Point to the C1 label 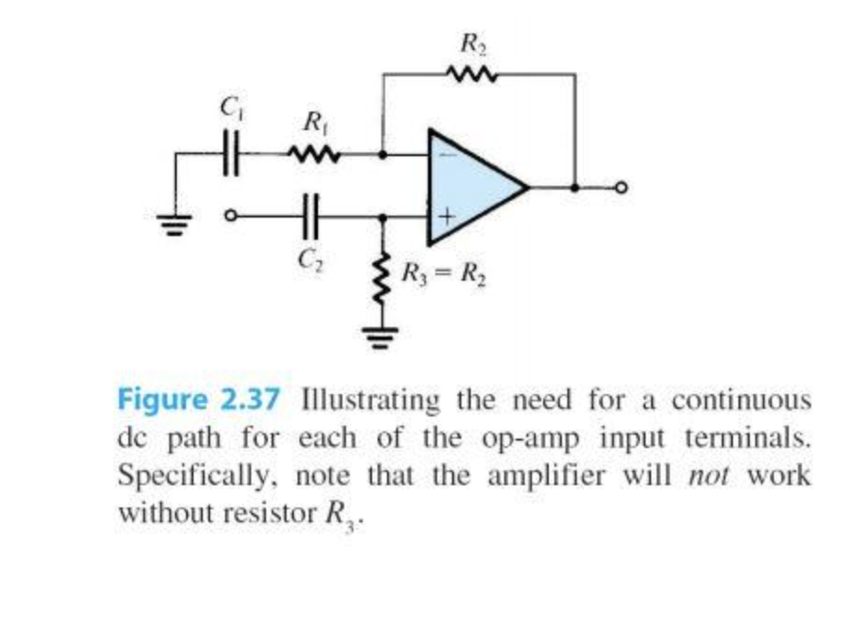(x=228, y=109)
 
